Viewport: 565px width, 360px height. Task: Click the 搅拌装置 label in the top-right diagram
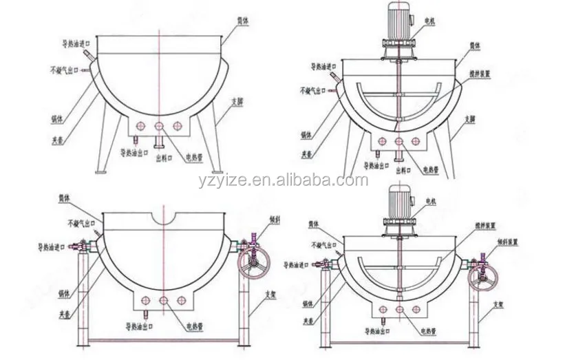482,73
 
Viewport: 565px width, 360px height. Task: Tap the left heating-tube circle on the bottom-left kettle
145,300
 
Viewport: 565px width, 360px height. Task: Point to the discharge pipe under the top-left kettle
158,141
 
